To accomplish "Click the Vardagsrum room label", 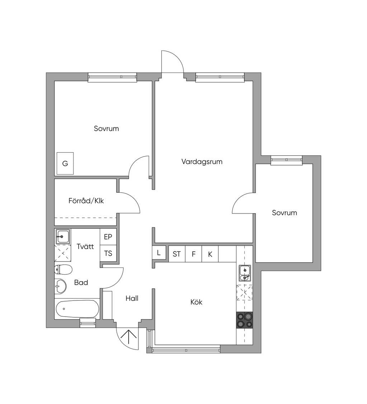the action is click(x=202, y=162).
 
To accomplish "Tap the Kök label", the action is click(x=196, y=302).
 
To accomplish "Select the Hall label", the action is click(x=132, y=298).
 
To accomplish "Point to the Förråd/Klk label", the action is click(x=86, y=201).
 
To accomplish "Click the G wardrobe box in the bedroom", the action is click(x=65, y=163).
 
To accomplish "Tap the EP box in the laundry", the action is click(x=108, y=237).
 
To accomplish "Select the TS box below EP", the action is click(x=108, y=254).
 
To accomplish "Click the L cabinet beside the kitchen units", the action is click(x=159, y=253).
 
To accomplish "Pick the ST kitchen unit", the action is click(x=177, y=254).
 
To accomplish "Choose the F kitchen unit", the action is click(x=194, y=254).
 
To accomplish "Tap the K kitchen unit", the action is click(x=210, y=254).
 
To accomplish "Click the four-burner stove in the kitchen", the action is click(x=244, y=320).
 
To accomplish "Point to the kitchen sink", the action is click(x=244, y=273).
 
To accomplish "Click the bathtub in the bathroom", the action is click(x=77, y=309).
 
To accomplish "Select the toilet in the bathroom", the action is click(x=63, y=270).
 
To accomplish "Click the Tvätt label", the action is click(x=85, y=246).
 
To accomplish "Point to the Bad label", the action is click(x=81, y=282).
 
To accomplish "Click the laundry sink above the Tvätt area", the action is click(x=63, y=236).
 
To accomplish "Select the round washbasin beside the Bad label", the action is click(x=61, y=286).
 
